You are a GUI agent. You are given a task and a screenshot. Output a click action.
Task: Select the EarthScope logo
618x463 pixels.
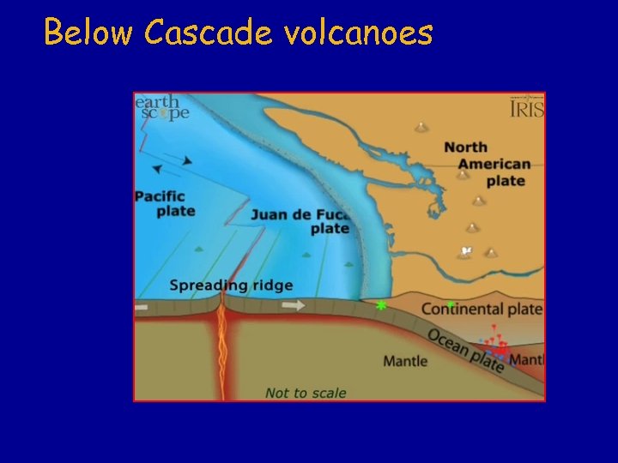pos(160,108)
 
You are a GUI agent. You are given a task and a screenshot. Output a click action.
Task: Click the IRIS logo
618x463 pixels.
pos(526,109)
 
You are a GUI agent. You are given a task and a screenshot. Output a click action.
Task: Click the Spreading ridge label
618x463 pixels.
pos(231,286)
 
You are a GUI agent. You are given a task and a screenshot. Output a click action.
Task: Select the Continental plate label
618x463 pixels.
pos(482,309)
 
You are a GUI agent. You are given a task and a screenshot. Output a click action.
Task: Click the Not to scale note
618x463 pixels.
pos(306,393)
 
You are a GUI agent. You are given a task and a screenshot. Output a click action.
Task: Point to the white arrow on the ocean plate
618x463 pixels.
pos(294,304)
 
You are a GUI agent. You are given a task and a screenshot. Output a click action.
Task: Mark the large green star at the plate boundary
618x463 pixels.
pos(381,304)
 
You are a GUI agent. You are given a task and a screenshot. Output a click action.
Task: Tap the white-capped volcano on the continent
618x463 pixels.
pos(467,250)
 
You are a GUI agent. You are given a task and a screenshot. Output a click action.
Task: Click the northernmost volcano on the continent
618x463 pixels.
pos(421,128)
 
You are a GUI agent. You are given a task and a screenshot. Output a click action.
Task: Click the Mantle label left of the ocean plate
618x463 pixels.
pos(404,361)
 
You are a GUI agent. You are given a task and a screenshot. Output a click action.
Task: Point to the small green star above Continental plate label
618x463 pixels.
pos(450,304)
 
